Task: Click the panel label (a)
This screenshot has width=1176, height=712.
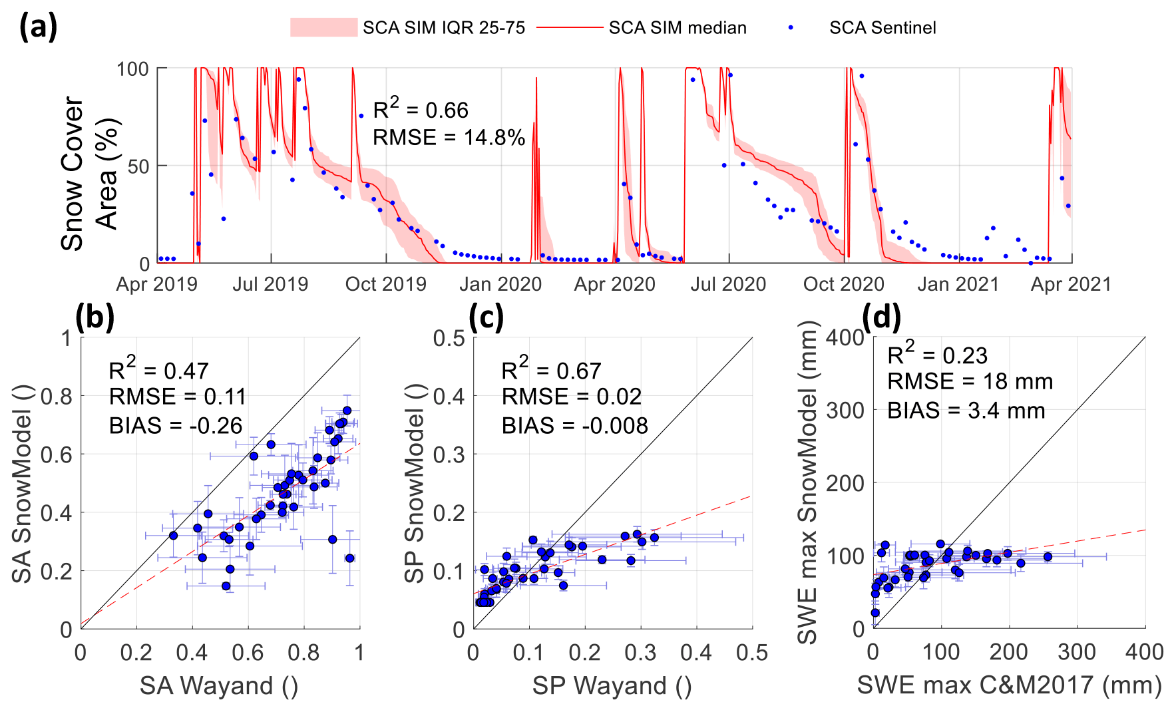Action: click(38, 27)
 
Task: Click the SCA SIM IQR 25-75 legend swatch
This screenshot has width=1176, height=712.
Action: click(323, 27)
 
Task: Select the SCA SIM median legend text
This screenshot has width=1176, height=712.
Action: click(678, 28)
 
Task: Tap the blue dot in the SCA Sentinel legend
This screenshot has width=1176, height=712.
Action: click(791, 27)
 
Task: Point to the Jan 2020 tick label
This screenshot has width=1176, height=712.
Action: click(500, 285)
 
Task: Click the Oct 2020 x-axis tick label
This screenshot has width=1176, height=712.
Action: click(843, 285)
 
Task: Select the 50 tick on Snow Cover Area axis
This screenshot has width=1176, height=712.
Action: click(138, 166)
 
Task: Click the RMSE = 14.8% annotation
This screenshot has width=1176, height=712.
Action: click(449, 138)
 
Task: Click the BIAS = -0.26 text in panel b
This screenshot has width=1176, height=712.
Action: click(176, 426)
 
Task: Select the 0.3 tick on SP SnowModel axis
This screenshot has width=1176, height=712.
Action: click(449, 455)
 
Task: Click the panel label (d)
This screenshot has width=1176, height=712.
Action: click(881, 317)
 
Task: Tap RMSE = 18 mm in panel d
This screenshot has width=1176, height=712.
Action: click(970, 382)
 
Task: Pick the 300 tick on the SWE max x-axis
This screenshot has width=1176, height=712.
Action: click(1076, 652)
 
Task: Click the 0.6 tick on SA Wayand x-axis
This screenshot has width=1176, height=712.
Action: click(248, 653)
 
